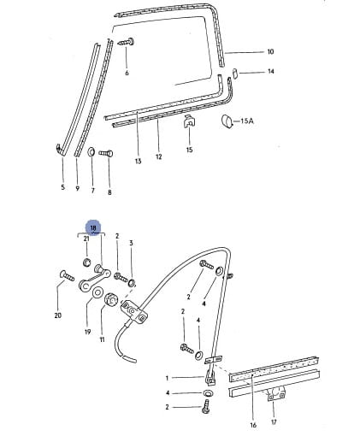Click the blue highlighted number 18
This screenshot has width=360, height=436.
pyautogui.click(x=93, y=228)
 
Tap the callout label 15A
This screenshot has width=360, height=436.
pyautogui.click(x=247, y=121)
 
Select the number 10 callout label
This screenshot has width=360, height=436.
pyautogui.click(x=270, y=51)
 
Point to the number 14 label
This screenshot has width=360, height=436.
pyautogui.click(x=270, y=71)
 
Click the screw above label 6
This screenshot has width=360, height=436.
pyautogui.click(x=127, y=42)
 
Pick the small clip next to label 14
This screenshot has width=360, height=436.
pyautogui.click(x=235, y=73)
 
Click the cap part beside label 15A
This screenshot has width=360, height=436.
pyautogui.click(x=227, y=121)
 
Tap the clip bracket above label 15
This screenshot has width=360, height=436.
pyautogui.click(x=189, y=121)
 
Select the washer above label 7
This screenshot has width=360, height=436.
pyautogui.click(x=91, y=151)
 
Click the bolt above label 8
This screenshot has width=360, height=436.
pyautogui.click(x=106, y=153)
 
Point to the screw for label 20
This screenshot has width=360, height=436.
pyautogui.click(x=68, y=276)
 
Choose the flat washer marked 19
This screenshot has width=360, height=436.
pyautogui.click(x=97, y=292)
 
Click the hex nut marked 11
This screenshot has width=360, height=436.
pyautogui.click(x=111, y=299)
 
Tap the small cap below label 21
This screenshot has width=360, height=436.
pyautogui.click(x=86, y=262)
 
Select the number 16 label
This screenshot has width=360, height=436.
pyautogui.click(x=253, y=425)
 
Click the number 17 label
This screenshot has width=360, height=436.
pyautogui.click(x=274, y=421)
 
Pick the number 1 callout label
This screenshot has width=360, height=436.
pyautogui.click(x=167, y=378)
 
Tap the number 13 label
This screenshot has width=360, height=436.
pyautogui.click(x=138, y=162)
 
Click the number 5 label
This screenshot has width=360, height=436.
pyautogui.click(x=62, y=187)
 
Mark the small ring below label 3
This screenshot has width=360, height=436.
pyautogui.click(x=133, y=283)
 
